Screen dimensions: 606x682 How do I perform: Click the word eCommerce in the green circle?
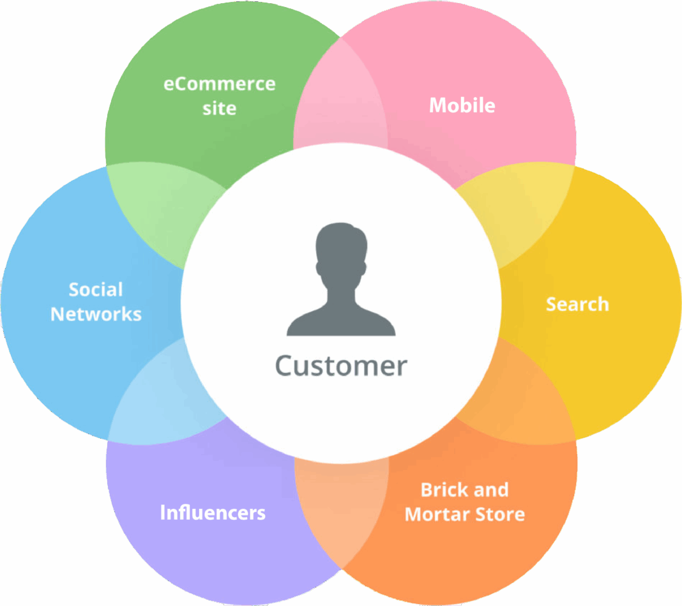click(x=219, y=84)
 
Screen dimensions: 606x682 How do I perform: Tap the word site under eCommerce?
click(x=219, y=108)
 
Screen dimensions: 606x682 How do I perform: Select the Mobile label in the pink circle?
click(x=462, y=105)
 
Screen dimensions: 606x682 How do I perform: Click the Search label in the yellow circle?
click(x=577, y=304)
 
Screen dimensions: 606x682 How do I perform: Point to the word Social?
click(x=96, y=289)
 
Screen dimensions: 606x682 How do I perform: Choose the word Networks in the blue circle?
click(x=96, y=314)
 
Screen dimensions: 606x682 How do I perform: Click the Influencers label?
click(x=213, y=513)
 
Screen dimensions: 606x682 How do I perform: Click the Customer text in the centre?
click(x=340, y=366)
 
